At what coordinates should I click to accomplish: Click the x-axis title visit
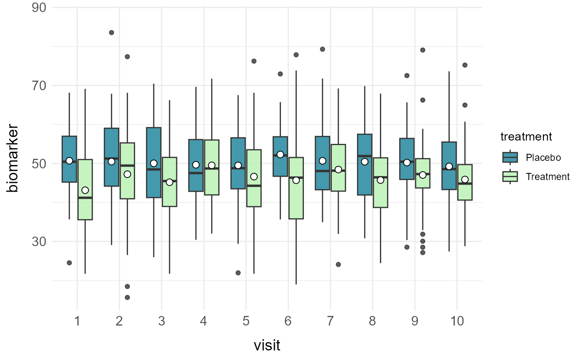[267, 345]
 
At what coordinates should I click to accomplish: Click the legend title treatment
[526, 136]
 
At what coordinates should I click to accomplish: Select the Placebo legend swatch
[510, 157]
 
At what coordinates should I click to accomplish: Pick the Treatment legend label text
[547, 177]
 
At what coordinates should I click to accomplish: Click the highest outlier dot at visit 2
[111, 32]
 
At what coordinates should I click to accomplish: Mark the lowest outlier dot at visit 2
[127, 297]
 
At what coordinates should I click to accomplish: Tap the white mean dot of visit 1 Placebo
[69, 160]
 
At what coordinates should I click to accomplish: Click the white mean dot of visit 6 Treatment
[296, 180]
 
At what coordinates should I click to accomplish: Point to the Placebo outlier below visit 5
[238, 273]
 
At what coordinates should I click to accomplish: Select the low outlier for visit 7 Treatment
[338, 264]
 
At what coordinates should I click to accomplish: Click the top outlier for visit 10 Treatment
[465, 65]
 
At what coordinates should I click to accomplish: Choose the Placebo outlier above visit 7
[322, 49]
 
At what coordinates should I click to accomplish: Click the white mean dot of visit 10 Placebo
[449, 166]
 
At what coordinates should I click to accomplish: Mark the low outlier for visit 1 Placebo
[69, 263]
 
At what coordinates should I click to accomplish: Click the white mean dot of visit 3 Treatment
[169, 182]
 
